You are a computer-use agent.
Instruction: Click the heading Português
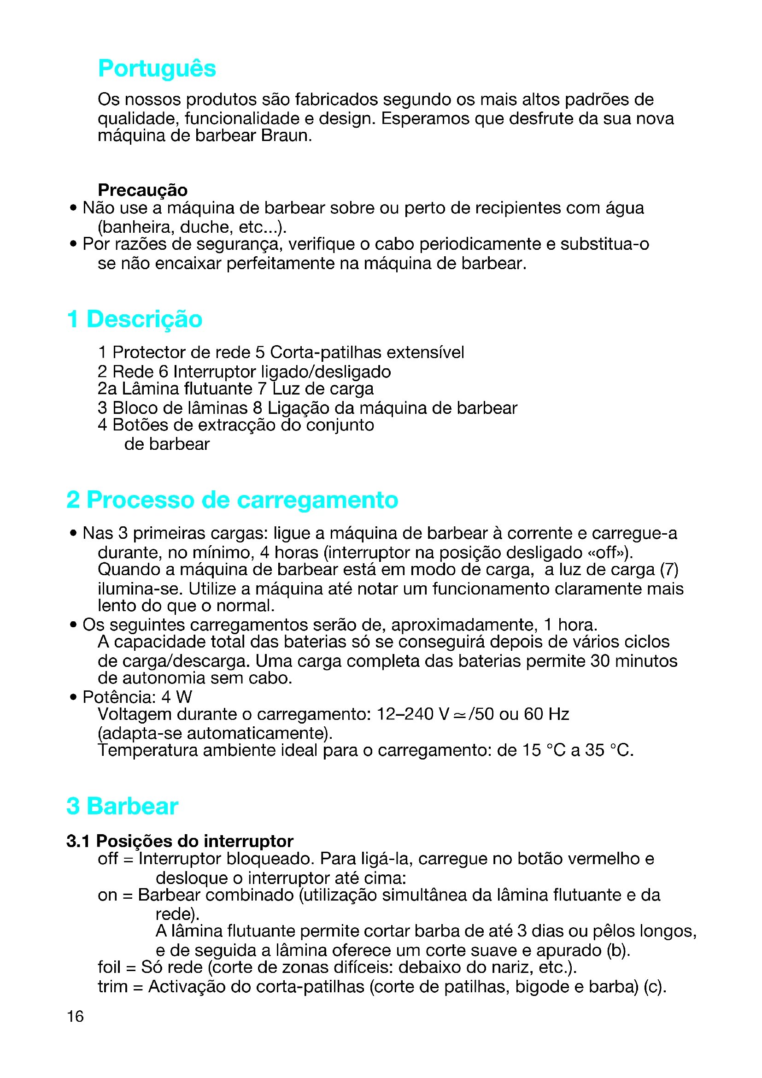[157, 69]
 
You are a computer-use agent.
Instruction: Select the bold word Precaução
[142, 190]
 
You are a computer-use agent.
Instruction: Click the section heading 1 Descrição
[135, 319]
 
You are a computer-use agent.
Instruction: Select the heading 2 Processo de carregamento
[232, 500]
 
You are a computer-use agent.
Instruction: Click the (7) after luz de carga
[669, 570]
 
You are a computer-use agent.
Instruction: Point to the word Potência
[119, 697]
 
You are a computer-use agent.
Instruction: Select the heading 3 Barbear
[123, 806]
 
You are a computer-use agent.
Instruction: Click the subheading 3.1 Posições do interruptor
[180, 842]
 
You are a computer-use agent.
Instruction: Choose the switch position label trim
[112, 987]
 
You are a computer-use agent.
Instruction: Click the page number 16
[75, 1017]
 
